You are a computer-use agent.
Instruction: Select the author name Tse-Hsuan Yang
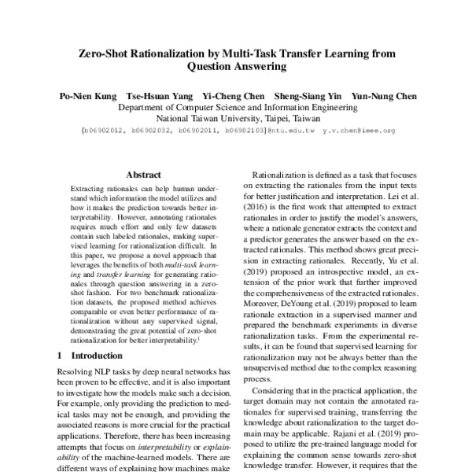tap(157, 97)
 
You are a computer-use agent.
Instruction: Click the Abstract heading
tap(143, 175)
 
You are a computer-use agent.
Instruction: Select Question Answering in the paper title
tap(235, 68)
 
